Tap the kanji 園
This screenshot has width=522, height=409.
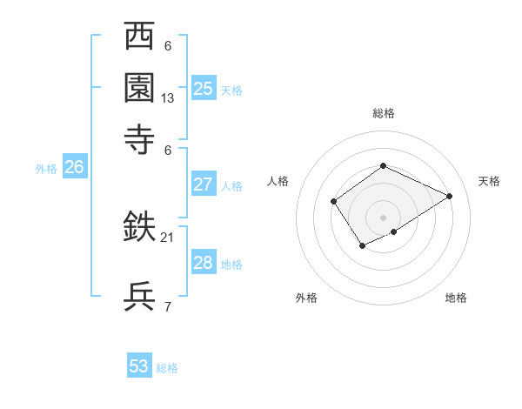point(140,87)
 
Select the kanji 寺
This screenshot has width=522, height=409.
point(140,137)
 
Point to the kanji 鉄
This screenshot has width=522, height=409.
point(140,228)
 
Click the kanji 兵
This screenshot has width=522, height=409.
point(140,297)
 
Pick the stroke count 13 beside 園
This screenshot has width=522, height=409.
point(168,98)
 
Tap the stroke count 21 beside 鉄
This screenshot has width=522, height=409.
point(168,237)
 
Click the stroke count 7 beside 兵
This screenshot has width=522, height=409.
point(168,306)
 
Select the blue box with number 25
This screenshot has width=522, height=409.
point(203,88)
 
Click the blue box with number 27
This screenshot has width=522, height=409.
point(203,184)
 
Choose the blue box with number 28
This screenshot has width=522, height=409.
point(203,263)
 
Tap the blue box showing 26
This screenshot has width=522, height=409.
point(74,168)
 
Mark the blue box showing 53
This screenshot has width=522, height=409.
point(139,366)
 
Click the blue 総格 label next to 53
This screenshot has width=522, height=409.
point(168,368)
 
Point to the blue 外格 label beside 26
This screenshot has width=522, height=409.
point(46,170)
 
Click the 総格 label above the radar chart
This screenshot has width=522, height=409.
point(383,113)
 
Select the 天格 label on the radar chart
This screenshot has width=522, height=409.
point(489,181)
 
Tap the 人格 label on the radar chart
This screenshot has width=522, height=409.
point(278,181)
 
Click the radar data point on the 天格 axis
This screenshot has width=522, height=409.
point(450,196)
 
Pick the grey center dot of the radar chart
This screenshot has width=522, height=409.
point(383,217)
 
